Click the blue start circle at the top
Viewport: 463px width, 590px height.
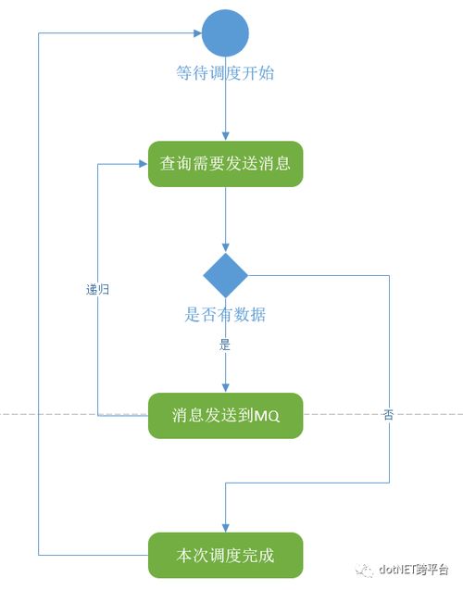click(225, 32)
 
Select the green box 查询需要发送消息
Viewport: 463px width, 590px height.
click(225, 164)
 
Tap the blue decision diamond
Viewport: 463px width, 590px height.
click(225, 274)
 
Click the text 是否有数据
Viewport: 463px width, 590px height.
click(225, 315)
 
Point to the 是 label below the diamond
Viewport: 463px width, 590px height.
click(225, 345)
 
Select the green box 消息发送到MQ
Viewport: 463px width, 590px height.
click(225, 416)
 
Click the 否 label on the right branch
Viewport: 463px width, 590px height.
click(387, 416)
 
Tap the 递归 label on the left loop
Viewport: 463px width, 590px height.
click(98, 289)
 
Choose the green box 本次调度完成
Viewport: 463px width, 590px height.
click(225, 556)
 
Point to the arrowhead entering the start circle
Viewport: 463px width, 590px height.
click(197, 32)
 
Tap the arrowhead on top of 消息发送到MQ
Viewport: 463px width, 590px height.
click(225, 388)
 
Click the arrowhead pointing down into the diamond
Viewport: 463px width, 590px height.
click(225, 248)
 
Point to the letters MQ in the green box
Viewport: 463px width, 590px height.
click(267, 416)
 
